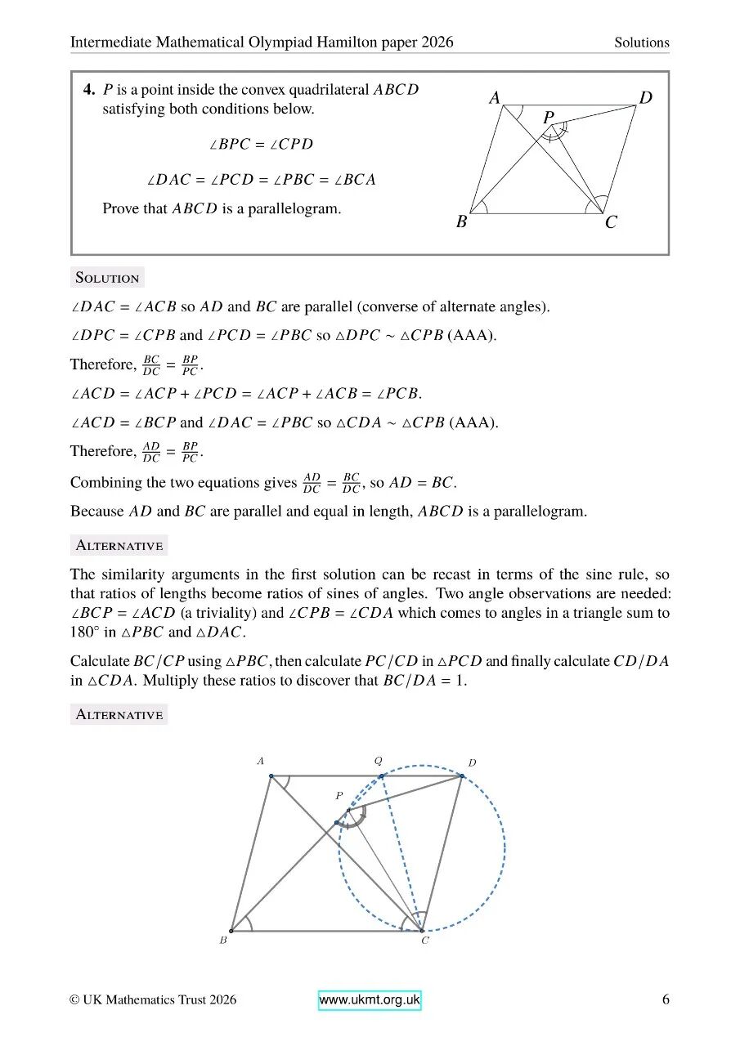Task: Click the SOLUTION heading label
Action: tap(107, 278)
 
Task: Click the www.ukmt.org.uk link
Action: tap(370, 1000)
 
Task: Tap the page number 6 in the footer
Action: tap(666, 999)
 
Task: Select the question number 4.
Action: tap(88, 90)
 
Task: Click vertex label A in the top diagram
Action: tap(495, 98)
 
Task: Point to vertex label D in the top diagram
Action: tap(646, 98)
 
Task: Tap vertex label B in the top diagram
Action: tap(461, 221)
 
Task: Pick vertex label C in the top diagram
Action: tap(611, 222)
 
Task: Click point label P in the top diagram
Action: tap(549, 118)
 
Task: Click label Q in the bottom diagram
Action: tap(378, 760)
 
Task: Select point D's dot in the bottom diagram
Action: tap(462, 776)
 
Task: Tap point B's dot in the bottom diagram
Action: tap(231, 930)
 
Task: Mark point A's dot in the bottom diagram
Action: tap(271, 776)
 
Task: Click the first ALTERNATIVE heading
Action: tap(119, 545)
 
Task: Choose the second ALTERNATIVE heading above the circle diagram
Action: tap(119, 715)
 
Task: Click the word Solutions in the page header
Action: tap(642, 42)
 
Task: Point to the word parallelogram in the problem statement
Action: tap(301, 208)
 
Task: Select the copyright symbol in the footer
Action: tap(75, 1000)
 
